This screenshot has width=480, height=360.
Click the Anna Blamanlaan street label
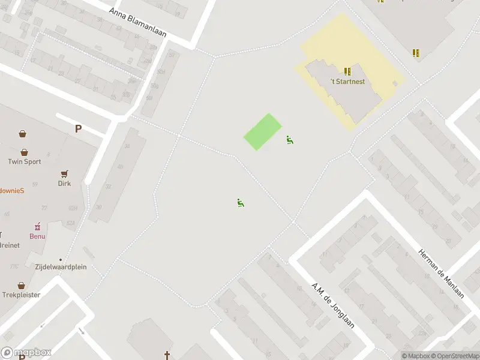point(138,23)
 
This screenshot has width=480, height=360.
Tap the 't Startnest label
point(347,82)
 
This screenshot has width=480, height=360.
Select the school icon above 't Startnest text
point(347,71)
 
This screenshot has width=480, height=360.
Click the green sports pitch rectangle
point(263,132)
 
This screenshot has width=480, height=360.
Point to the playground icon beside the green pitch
point(290,140)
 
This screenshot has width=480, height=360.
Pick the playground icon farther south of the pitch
point(241,203)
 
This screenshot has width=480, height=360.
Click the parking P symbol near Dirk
point(78,128)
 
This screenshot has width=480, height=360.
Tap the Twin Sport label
point(24,161)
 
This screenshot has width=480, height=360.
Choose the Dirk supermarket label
point(64,183)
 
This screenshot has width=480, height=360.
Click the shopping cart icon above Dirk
point(64,173)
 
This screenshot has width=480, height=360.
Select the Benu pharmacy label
point(38,236)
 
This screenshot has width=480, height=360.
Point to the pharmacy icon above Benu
point(38,226)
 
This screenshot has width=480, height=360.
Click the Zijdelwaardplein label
point(60,266)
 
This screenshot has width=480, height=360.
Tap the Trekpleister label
point(22,295)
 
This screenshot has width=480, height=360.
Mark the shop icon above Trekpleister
point(22,286)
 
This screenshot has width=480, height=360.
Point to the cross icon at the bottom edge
point(167,355)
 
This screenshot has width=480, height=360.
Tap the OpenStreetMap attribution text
point(454,356)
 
